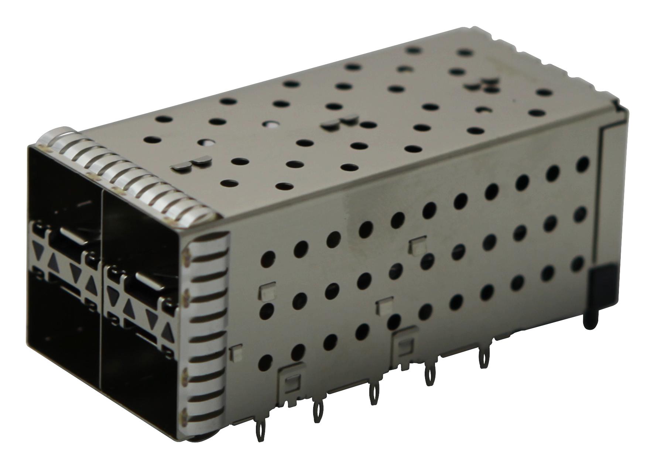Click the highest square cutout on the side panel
[x=415, y=244]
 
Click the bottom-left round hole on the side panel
[x=267, y=362]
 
